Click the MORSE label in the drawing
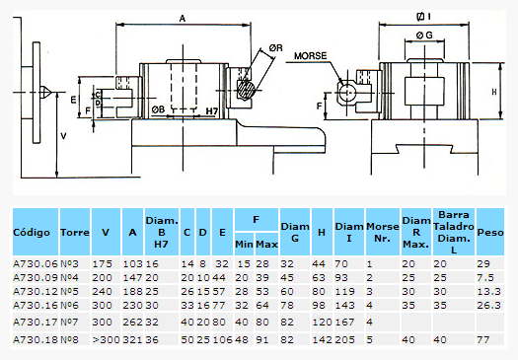point(310,56)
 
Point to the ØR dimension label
point(275,48)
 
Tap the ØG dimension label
point(424,35)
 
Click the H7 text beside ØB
point(212,111)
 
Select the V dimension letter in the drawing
point(63,136)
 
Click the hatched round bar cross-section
point(246,89)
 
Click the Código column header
point(32,232)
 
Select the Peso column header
point(490,232)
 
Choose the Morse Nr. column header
point(383,232)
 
